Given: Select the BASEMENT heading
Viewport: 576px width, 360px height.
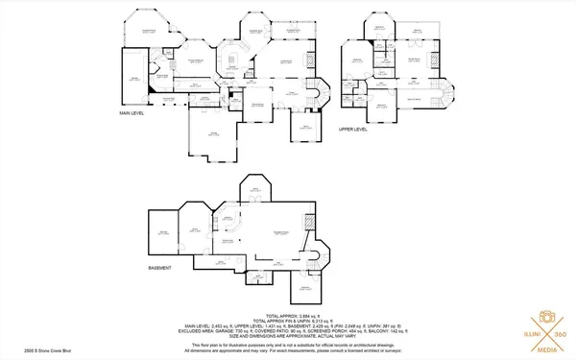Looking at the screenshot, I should [160, 268].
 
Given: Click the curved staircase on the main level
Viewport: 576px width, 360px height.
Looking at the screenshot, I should [320, 94].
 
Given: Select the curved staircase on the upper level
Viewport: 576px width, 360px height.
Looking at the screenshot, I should [441, 97].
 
